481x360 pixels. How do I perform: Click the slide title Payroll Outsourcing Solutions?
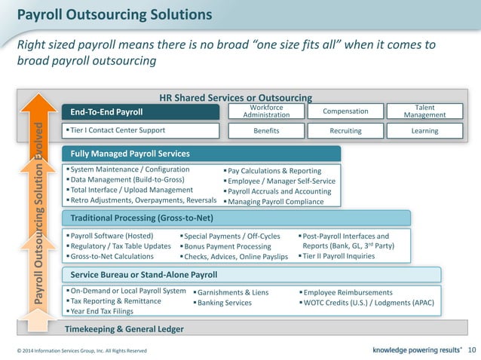(114, 14)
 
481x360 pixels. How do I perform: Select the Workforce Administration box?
(266, 111)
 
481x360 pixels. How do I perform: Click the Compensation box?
(345, 111)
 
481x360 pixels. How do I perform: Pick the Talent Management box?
(424, 111)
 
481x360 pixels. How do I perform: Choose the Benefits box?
(266, 130)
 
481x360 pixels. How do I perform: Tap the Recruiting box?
(345, 130)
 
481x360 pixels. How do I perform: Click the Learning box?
(424, 130)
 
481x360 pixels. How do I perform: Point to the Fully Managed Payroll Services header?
(130, 154)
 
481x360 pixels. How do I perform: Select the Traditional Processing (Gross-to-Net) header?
(142, 218)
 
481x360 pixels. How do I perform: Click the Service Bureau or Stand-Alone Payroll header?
(143, 274)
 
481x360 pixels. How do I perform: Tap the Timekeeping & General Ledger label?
(124, 328)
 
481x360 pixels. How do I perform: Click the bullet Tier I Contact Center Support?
(118, 130)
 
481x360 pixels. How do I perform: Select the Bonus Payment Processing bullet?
(227, 246)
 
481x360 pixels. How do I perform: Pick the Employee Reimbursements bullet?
(347, 292)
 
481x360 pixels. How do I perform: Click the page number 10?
(472, 349)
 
